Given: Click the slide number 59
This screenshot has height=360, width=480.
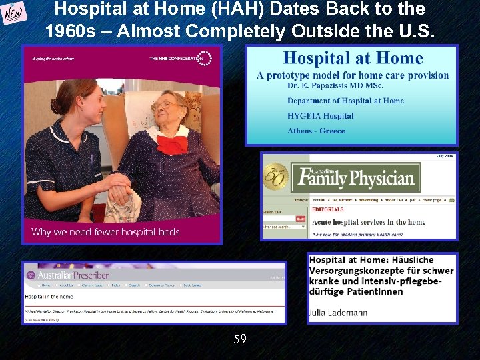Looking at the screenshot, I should click(x=240, y=339).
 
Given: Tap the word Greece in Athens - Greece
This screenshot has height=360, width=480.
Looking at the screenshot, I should click(x=331, y=131).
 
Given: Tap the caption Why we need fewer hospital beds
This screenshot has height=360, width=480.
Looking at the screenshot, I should click(x=105, y=232).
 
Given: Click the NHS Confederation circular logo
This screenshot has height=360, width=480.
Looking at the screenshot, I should click(x=204, y=59).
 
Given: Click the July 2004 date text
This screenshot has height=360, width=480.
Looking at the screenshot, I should click(x=445, y=156).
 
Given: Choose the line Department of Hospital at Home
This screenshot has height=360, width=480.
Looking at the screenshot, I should click(x=345, y=101).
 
